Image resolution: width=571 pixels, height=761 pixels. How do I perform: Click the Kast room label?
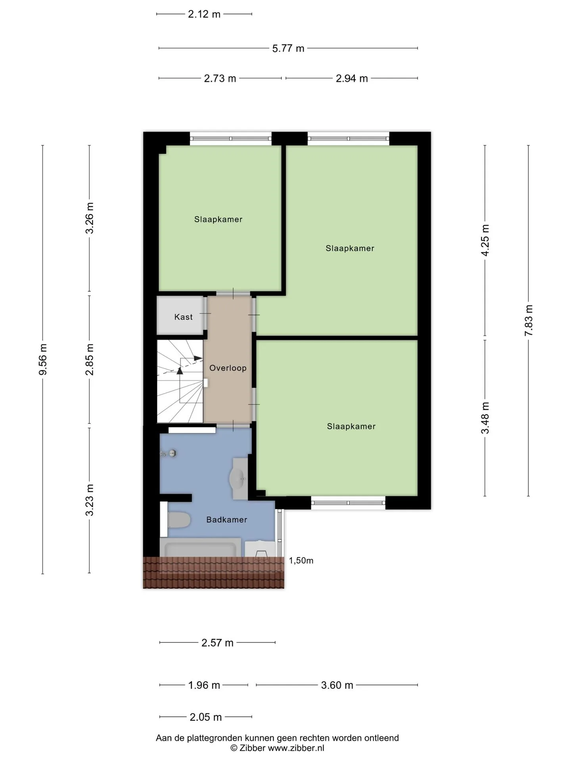pos(183,317)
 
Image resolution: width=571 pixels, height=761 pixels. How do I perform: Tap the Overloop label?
pos(228,368)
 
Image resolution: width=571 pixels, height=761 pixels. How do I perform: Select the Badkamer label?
pos(226,520)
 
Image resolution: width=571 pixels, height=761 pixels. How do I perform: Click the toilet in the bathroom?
pos(179,520)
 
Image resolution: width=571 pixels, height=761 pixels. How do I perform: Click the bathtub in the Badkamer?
pos(200,548)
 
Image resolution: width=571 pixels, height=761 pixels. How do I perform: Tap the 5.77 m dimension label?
pos(288,48)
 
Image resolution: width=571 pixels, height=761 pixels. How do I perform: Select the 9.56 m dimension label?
pos(43,359)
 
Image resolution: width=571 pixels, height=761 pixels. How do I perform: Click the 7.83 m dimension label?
pos(529,321)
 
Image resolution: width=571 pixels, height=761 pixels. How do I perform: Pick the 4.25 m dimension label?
pos(485,240)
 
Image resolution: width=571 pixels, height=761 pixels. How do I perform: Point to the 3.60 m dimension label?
pos(337,685)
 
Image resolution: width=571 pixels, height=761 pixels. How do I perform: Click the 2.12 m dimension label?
pos(204,14)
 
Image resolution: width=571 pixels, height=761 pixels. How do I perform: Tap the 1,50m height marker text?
pos(301,560)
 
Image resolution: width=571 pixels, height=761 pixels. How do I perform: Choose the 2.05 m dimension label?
pos(206,717)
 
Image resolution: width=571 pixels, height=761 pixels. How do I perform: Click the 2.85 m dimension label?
pos(90,359)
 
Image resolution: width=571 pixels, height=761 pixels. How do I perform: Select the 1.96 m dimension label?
pos(204,685)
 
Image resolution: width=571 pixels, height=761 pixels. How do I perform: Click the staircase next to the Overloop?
pos(180,381)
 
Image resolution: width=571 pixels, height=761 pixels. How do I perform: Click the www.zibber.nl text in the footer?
pos(296,748)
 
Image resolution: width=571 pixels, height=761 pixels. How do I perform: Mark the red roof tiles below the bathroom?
pos(214,573)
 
